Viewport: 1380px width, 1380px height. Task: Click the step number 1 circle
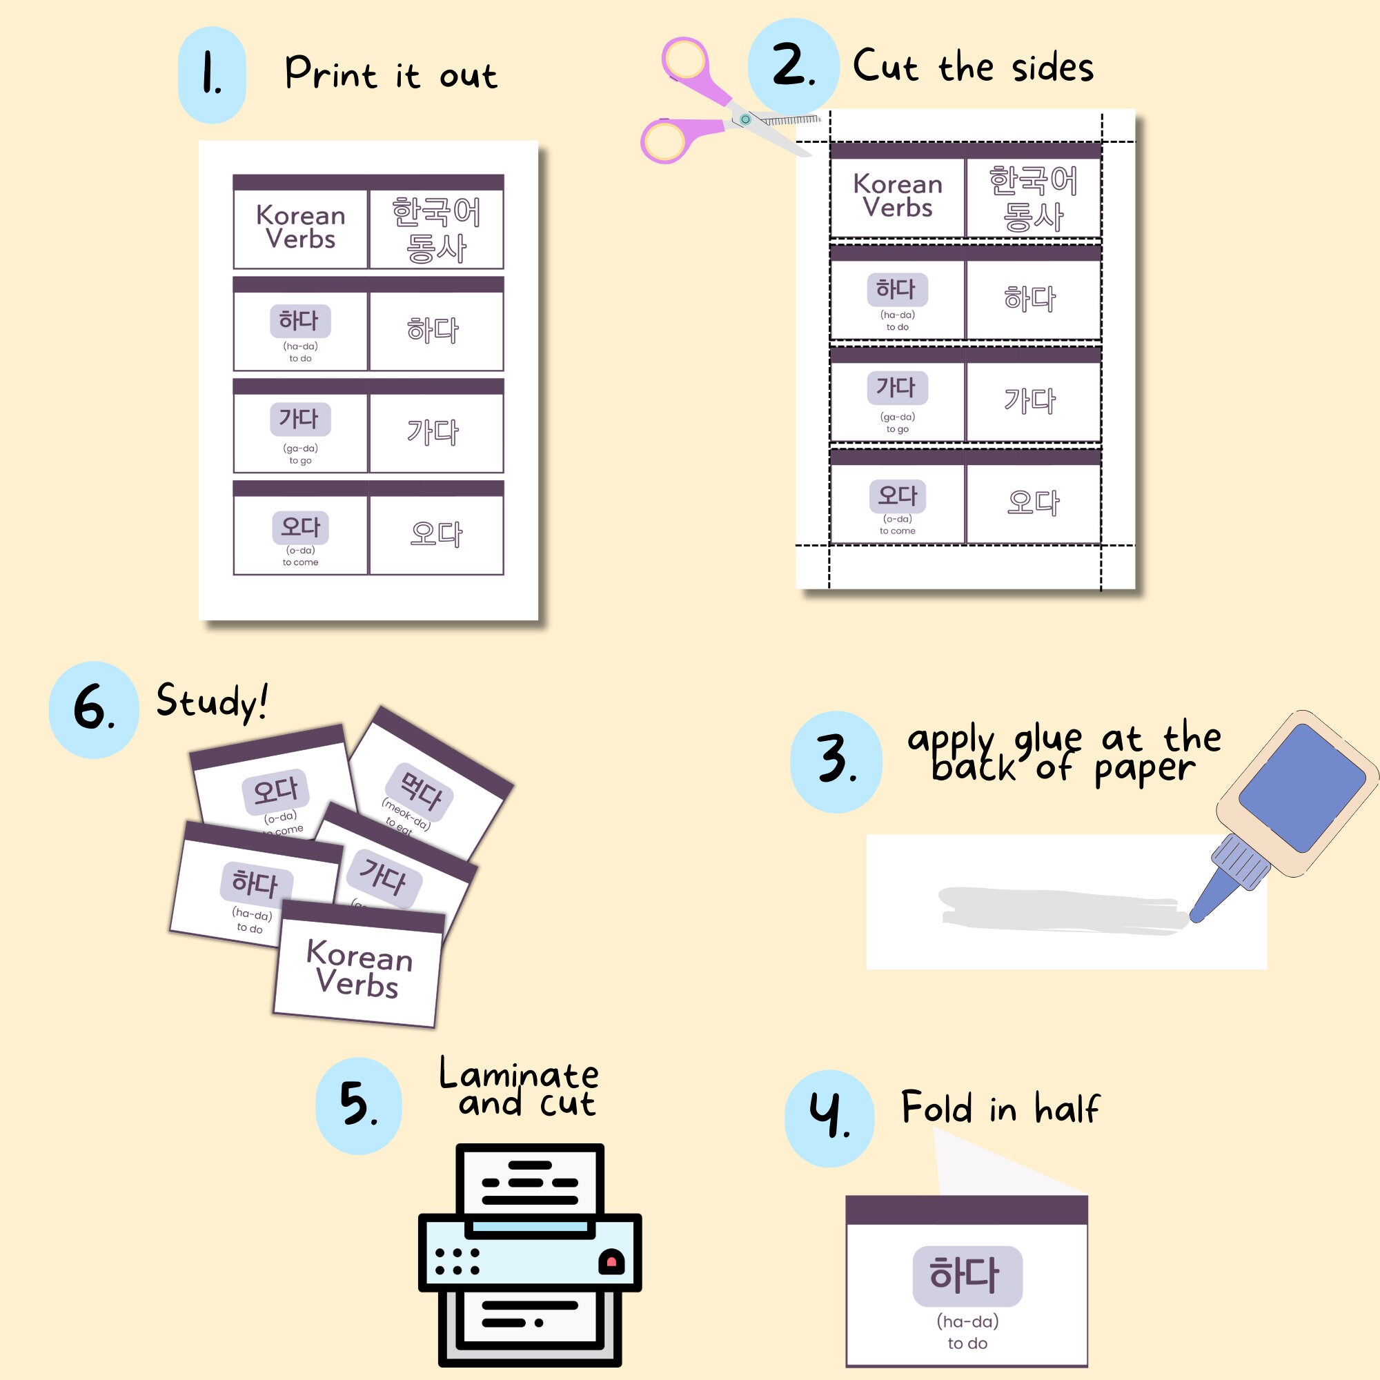tap(211, 75)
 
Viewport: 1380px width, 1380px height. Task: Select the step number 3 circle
tap(836, 762)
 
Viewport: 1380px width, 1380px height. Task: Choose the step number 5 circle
tap(359, 1105)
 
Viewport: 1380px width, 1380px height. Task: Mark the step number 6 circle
tap(94, 709)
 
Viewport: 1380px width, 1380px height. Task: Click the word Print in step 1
tap(331, 74)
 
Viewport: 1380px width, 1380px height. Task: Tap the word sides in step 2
tap(1052, 68)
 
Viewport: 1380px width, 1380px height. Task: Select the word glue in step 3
tap(1047, 739)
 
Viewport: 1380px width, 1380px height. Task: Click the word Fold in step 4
tap(936, 1108)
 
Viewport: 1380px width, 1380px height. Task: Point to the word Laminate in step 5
tap(519, 1074)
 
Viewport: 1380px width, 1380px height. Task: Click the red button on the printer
tap(611, 1263)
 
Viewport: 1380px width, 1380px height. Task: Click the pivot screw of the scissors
tap(745, 119)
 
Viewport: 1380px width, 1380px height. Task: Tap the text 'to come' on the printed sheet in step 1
tap(300, 562)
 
